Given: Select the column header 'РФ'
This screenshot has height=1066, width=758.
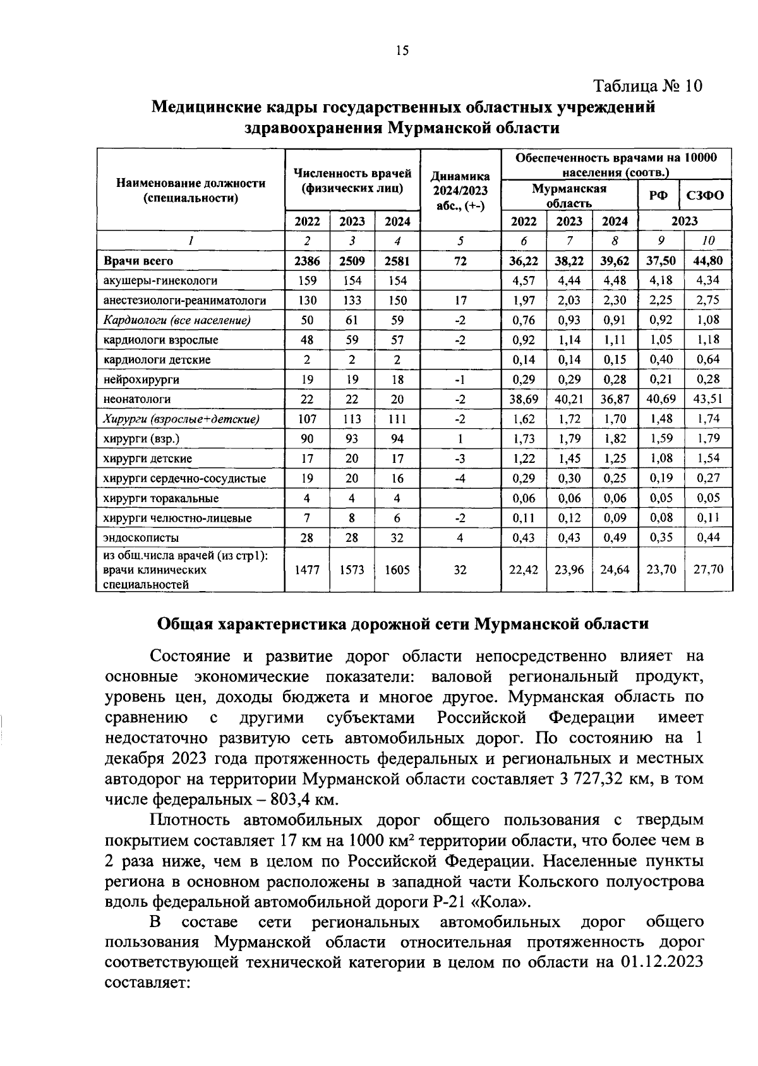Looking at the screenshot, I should click(x=658, y=196).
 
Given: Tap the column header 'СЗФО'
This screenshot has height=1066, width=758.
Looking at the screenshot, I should click(x=706, y=196).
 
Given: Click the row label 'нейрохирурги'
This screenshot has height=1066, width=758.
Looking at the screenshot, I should click(x=141, y=380).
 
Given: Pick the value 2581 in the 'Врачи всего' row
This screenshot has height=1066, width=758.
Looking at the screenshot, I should click(x=397, y=261).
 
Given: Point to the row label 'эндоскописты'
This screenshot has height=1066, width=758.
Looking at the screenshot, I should click(x=141, y=538).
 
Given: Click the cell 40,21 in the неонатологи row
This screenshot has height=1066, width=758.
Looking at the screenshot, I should click(x=570, y=399).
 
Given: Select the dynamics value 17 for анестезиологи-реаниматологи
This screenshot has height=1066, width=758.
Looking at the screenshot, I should click(x=460, y=301).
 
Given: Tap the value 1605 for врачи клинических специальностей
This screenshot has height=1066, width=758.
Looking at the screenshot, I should click(x=397, y=570).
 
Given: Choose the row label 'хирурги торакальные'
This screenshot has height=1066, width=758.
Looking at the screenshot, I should click(x=161, y=498).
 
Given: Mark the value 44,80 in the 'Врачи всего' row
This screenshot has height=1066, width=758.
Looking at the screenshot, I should click(x=709, y=261).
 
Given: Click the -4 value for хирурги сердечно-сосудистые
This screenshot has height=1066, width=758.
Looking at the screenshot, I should click(x=460, y=479).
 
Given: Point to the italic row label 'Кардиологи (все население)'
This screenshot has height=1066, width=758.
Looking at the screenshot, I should click(x=177, y=320).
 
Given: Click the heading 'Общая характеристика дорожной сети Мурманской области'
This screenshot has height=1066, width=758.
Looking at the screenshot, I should click(x=402, y=624).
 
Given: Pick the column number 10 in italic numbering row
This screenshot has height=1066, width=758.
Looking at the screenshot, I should click(x=709, y=241).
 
